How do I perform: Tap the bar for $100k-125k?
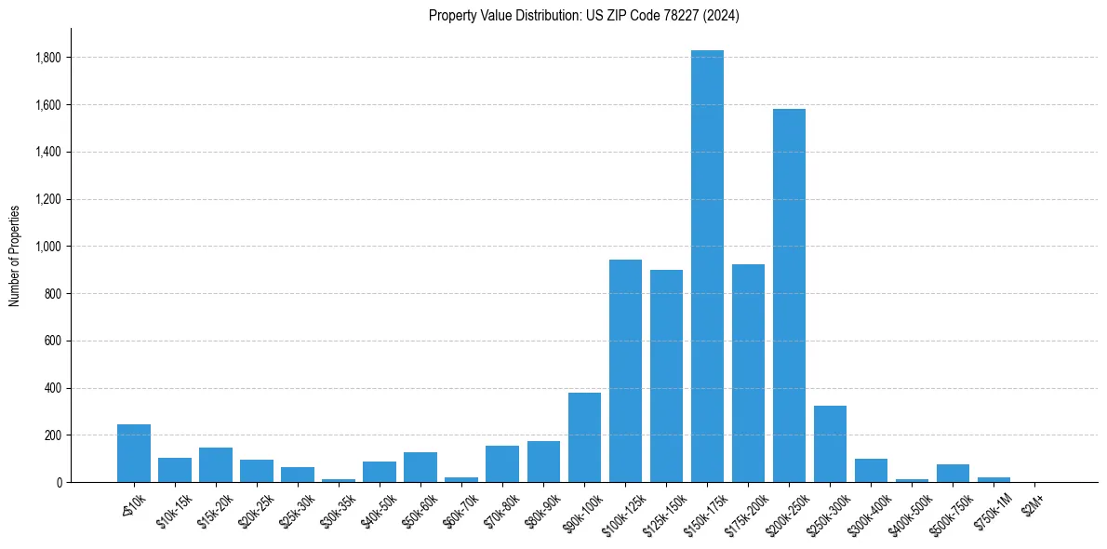coord(625,371)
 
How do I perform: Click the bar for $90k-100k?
coord(584,437)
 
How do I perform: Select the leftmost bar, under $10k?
coord(134,453)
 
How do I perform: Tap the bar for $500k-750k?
coord(953,473)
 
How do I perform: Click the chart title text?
coord(584,15)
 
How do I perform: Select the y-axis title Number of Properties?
coord(15,255)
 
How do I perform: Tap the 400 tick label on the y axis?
coord(53,388)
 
